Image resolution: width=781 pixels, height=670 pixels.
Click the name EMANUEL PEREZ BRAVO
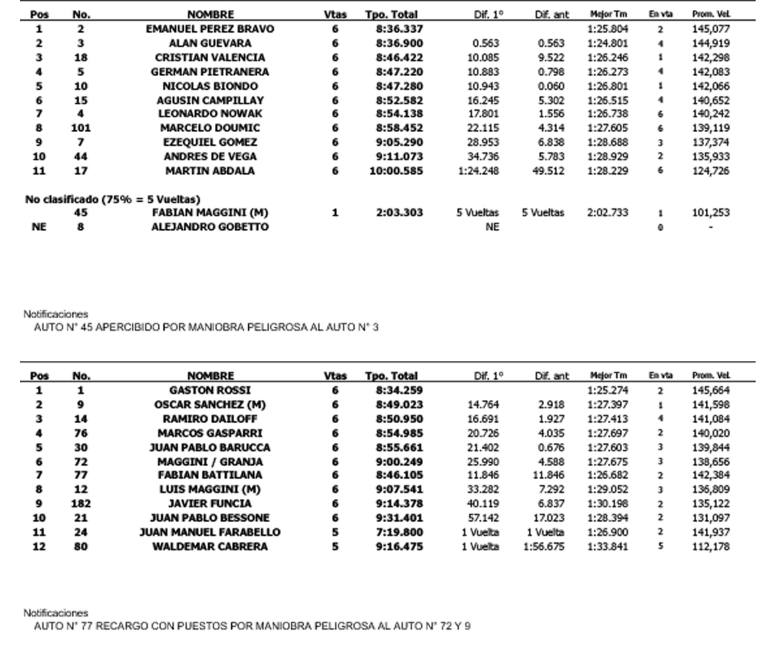coord(210,29)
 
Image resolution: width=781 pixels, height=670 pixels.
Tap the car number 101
coord(81,128)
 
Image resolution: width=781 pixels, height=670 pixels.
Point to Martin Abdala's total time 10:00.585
coord(396,171)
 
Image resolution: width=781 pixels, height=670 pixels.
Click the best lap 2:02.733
coord(607,212)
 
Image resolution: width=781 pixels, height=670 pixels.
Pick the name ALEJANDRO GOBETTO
coord(210,227)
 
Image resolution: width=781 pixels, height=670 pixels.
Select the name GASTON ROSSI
coord(210,391)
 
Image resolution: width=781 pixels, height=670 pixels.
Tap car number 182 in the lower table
coord(81,503)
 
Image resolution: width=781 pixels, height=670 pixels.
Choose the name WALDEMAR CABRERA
coord(210,546)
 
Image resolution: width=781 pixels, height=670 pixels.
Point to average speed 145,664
coord(711,391)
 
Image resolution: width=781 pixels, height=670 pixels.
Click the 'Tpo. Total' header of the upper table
coord(391,14)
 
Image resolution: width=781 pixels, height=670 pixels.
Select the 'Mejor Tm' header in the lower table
coord(609,376)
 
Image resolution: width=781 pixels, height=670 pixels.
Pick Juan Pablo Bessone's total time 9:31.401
coord(399,518)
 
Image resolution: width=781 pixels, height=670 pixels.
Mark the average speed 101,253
coord(711,212)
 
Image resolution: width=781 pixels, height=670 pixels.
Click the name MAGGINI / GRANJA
coord(210,462)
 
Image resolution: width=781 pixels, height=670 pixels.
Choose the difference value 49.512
coord(549,171)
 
